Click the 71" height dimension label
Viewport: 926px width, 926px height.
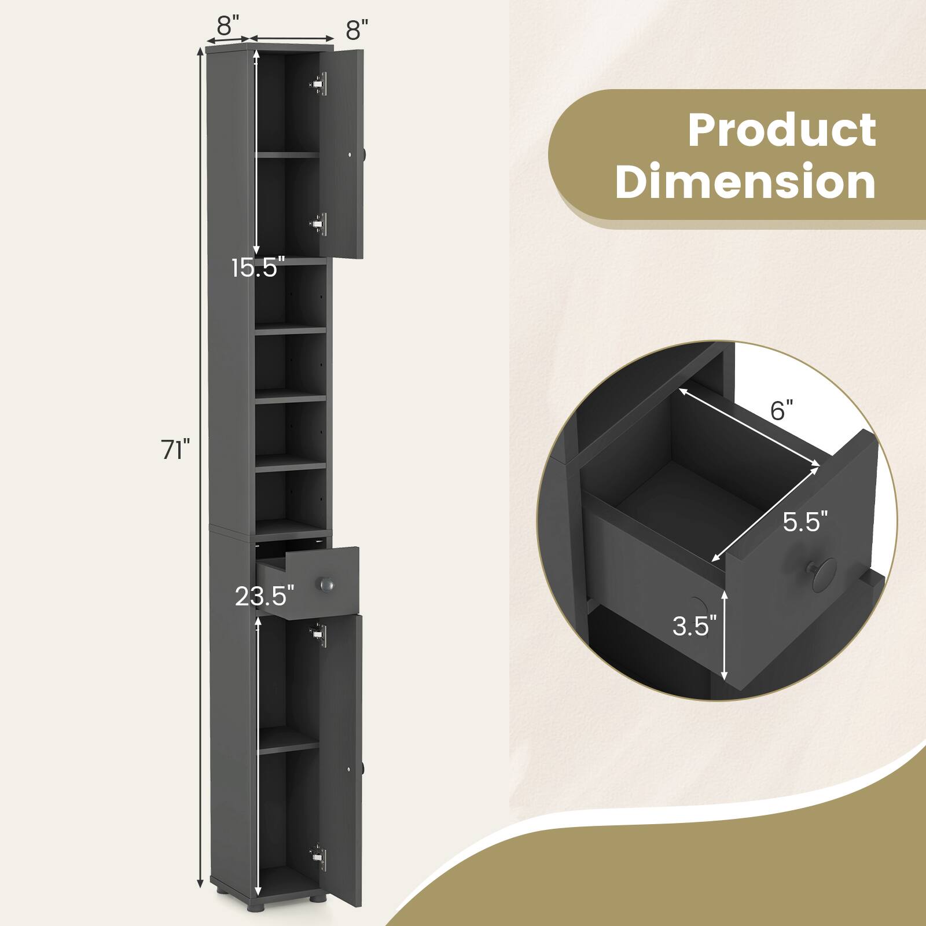[x=176, y=450]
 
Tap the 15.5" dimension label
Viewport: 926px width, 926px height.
[x=258, y=268]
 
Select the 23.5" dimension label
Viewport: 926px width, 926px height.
[x=265, y=596]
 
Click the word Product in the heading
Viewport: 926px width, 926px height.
[x=782, y=131]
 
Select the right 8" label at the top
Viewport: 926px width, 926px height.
[x=358, y=29]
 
